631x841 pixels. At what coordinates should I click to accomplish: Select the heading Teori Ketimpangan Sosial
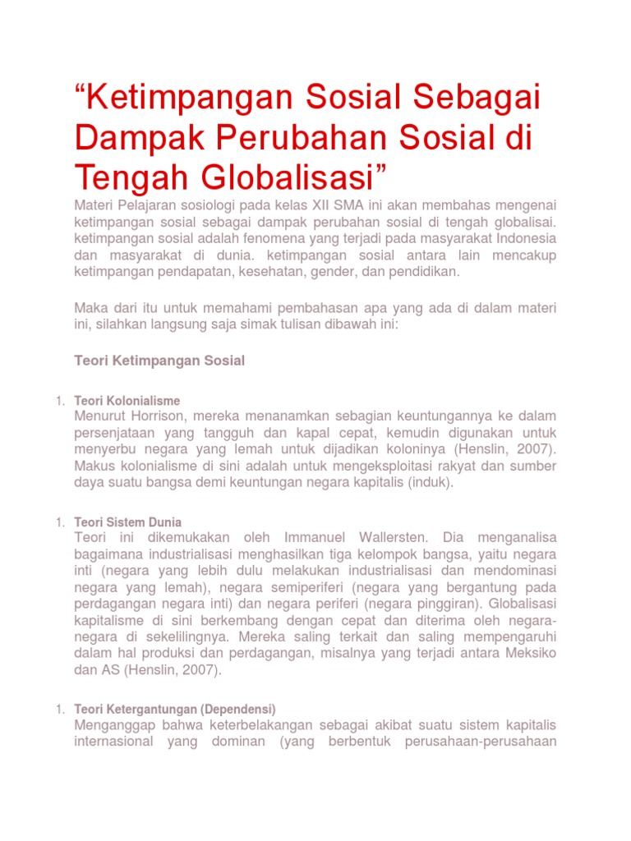[159, 361]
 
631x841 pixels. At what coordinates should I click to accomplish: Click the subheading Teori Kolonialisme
[127, 401]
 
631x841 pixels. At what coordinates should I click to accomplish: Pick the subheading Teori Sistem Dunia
[128, 522]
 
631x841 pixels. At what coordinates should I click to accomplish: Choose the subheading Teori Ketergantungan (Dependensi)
[175, 709]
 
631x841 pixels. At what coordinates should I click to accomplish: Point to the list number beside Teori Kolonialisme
[59, 401]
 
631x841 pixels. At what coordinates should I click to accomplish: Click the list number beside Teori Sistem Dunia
[59, 522]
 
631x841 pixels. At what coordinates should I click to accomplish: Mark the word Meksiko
[524, 654]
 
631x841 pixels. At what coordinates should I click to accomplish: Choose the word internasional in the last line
[113, 742]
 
